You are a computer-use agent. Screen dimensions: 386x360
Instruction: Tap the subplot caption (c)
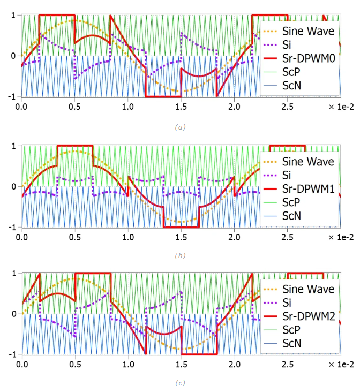(x=180, y=382)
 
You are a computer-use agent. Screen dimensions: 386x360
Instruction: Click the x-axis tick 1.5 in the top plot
(x=181, y=107)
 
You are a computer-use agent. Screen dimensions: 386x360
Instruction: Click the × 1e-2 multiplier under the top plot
(x=342, y=107)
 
